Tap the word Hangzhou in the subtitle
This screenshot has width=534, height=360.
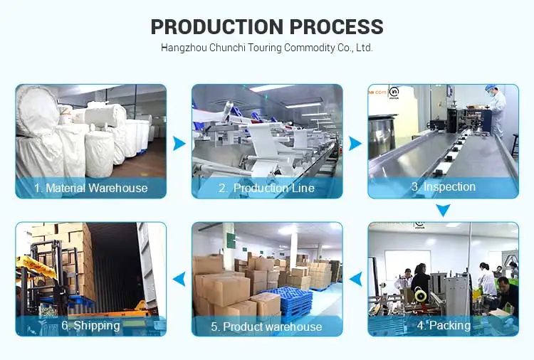click(x=182, y=48)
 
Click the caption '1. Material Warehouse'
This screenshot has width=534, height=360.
click(x=90, y=189)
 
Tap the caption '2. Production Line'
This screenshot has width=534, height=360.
click(x=266, y=189)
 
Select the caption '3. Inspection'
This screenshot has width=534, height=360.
click(x=443, y=187)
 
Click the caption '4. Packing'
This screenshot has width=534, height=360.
click(x=444, y=326)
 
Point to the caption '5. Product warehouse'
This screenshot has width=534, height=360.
click(x=266, y=327)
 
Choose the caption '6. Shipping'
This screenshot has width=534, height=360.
click(x=90, y=326)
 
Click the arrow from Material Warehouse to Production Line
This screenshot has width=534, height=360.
click(x=179, y=143)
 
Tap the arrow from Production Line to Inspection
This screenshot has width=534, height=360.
click(x=355, y=143)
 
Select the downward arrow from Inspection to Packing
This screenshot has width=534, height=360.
click(x=443, y=211)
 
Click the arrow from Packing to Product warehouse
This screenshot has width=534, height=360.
click(x=355, y=278)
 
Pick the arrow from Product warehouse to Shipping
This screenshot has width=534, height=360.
click(x=179, y=278)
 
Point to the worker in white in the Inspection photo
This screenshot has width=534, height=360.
click(x=496, y=110)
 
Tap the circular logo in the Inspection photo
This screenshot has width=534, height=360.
click(x=394, y=91)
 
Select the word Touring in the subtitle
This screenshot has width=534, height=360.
click(x=259, y=48)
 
